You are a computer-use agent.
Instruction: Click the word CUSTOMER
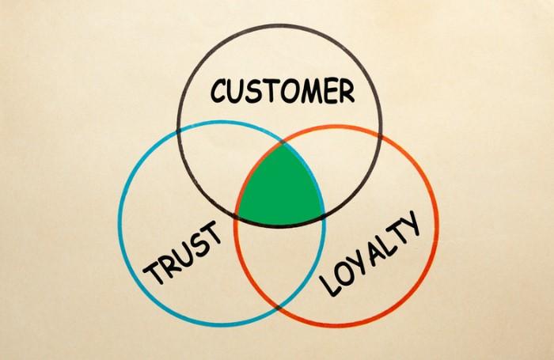tap(283, 91)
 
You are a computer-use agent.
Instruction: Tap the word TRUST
tap(183, 252)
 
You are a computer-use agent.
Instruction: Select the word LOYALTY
tap(370, 253)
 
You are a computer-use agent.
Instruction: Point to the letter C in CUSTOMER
tap(219, 91)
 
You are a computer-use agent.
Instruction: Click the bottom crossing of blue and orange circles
tap(279, 309)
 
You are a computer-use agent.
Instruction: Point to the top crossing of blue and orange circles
tap(283, 144)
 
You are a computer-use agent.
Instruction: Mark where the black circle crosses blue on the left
tap(178, 131)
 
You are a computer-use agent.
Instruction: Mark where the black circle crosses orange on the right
tap(381, 135)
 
